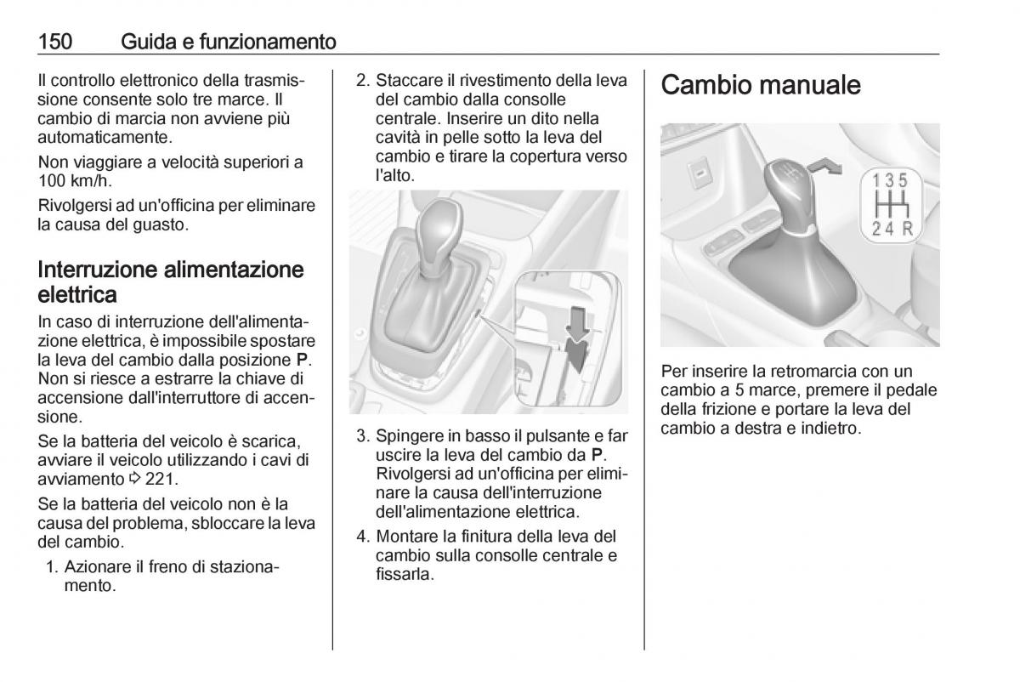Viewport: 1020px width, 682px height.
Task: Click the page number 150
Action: click(x=55, y=42)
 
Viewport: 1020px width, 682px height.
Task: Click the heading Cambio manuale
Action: click(x=761, y=85)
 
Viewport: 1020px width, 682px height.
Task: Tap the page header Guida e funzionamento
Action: click(x=229, y=42)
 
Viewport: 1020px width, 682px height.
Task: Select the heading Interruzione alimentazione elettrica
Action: click(x=170, y=281)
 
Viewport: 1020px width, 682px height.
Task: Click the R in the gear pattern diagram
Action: click(x=908, y=228)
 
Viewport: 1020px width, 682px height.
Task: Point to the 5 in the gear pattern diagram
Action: click(x=903, y=181)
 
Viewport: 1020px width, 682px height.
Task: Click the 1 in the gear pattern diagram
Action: click(x=876, y=181)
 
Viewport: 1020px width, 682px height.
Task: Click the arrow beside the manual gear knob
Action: click(x=824, y=167)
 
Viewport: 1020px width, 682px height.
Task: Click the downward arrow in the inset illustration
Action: click(x=577, y=324)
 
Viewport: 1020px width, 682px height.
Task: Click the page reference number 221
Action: click(x=159, y=479)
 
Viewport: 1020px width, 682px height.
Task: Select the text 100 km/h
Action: click(x=75, y=181)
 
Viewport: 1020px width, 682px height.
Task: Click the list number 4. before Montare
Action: click(x=364, y=537)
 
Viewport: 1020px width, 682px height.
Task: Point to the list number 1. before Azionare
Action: click(x=53, y=566)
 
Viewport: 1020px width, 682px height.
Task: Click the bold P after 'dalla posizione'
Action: click(x=302, y=360)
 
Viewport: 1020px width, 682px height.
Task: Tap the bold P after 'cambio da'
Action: click(x=597, y=455)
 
